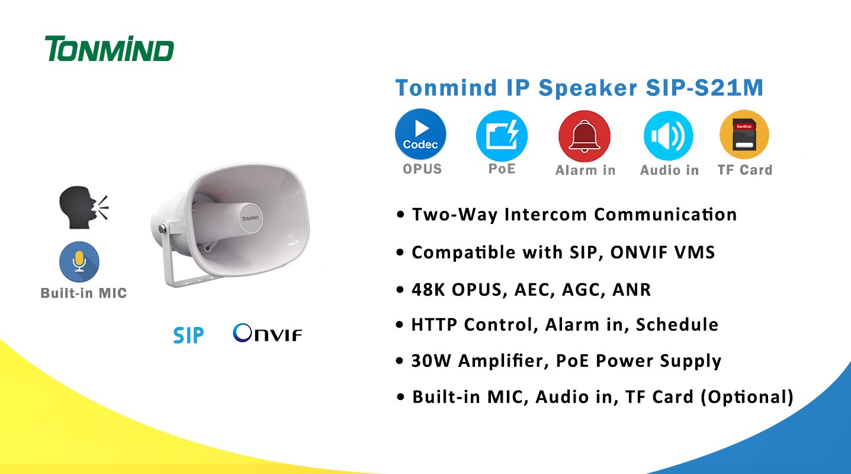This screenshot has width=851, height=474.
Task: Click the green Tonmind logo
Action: (110, 49)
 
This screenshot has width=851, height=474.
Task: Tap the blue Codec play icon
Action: (420, 134)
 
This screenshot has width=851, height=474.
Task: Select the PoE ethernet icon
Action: (502, 136)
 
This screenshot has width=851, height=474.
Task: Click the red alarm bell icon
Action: (585, 136)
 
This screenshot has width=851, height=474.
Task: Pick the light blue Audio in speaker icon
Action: (668, 136)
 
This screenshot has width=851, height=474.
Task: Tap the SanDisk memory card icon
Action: (744, 134)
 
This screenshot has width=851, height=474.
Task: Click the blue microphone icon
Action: (79, 261)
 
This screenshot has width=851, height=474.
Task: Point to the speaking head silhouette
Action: (84, 207)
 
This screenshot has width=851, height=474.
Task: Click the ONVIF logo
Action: (267, 332)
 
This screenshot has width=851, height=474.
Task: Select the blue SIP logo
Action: (188, 335)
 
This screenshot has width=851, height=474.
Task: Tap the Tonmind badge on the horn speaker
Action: (251, 218)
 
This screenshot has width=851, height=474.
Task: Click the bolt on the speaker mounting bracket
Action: (162, 228)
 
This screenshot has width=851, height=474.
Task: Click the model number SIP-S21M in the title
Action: (704, 88)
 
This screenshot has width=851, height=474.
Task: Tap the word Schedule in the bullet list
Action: (677, 324)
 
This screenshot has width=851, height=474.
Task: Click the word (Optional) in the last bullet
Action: (747, 397)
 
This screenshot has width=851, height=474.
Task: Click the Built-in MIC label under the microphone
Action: (84, 293)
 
